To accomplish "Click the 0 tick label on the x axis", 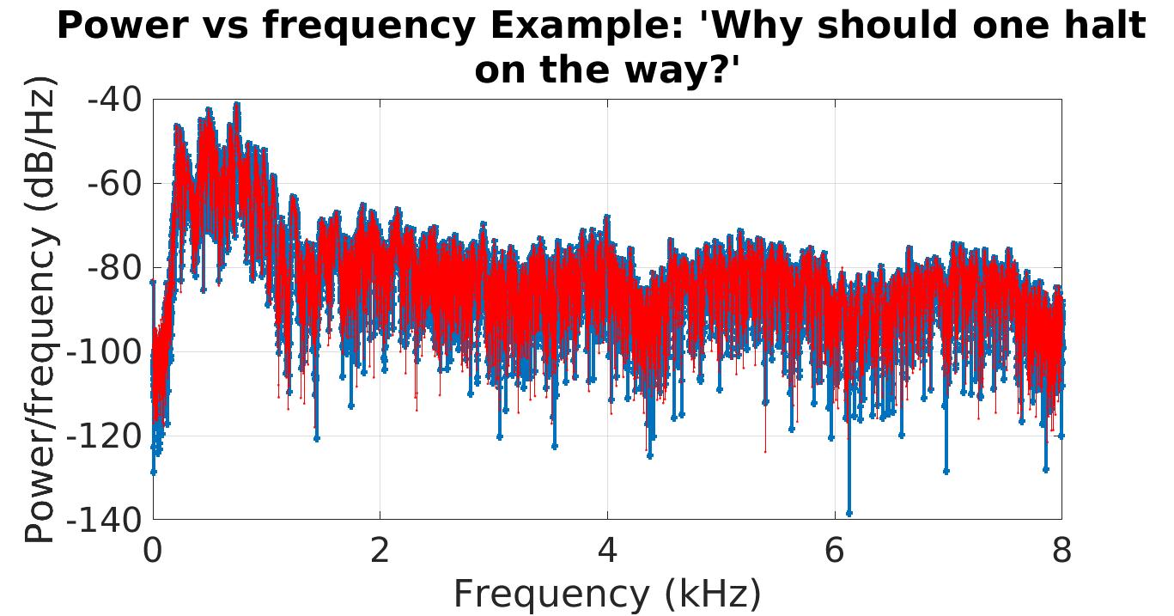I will [153, 550].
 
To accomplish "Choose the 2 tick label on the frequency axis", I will [380, 550].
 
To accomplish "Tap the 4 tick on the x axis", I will [607, 550].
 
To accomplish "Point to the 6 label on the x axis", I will [835, 550].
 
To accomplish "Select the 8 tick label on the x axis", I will [1061, 550].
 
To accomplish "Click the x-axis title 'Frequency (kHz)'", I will [606, 594].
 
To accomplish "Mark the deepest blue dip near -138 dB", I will [849, 513].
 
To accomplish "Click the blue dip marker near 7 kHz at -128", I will [946, 471].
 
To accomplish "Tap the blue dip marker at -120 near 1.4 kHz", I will [316, 438].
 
